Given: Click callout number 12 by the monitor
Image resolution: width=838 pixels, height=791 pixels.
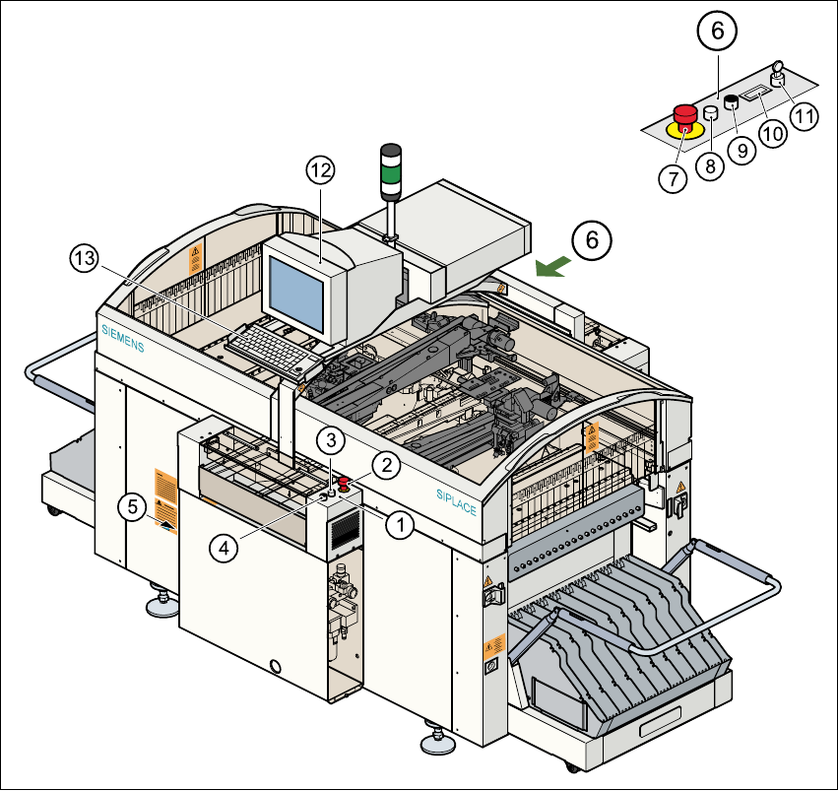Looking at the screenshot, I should (x=321, y=169).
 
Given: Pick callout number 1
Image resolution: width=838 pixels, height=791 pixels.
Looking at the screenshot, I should (x=399, y=525).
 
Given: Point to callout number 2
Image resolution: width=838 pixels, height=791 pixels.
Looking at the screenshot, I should (x=387, y=464).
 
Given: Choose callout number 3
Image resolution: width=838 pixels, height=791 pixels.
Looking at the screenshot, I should (x=333, y=438).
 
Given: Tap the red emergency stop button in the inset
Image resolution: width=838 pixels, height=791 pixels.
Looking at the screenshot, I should (x=683, y=114).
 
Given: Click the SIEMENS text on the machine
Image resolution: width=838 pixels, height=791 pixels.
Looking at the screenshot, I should (x=123, y=335).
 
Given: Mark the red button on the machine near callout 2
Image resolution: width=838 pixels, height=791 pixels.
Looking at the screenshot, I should (x=345, y=482).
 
